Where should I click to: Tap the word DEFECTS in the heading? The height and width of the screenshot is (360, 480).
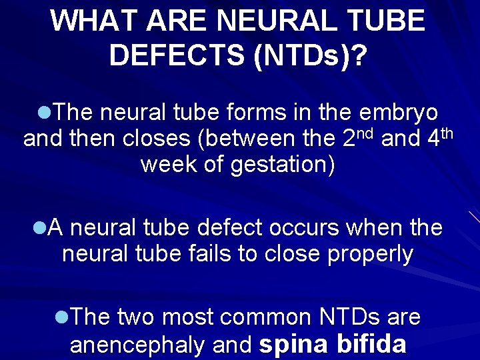pyautogui.click(x=177, y=55)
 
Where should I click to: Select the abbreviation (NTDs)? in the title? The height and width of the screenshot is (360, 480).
pyautogui.click(x=309, y=55)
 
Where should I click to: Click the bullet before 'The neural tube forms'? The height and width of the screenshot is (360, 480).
pyautogui.click(x=43, y=113)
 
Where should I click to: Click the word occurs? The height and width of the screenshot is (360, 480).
pyautogui.click(x=306, y=228)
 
